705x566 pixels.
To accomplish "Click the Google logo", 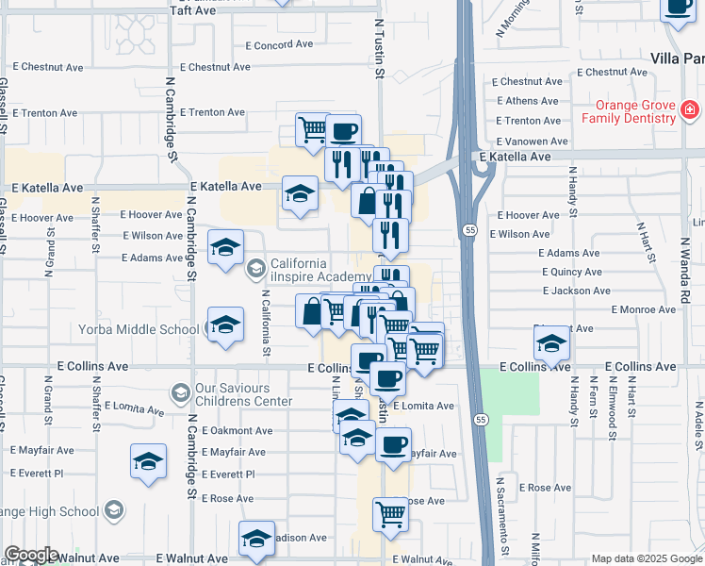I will [30, 555].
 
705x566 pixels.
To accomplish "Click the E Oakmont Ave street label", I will [237, 430].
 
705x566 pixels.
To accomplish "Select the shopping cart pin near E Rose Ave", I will [390, 514].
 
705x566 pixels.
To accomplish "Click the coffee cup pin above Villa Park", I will [678, 6].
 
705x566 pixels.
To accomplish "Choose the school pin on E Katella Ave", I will [300, 195].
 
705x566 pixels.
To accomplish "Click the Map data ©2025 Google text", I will [646, 559].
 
